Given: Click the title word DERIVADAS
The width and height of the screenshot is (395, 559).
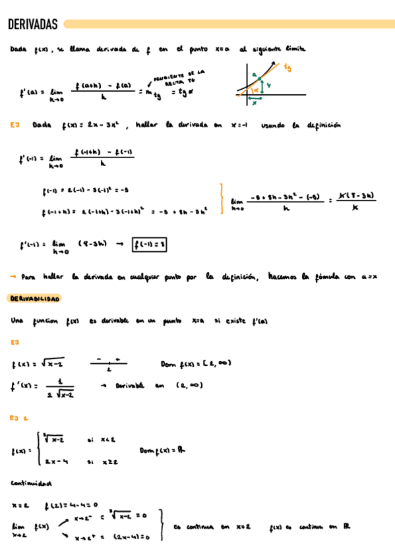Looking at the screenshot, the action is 33,25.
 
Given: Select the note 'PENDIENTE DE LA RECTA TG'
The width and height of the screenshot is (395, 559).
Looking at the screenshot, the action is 179,77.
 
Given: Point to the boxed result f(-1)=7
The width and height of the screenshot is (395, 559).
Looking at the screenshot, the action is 150,245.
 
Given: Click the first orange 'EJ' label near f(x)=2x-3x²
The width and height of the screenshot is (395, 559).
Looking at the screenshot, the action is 15,125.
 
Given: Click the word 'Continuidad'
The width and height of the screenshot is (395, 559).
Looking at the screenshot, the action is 31,483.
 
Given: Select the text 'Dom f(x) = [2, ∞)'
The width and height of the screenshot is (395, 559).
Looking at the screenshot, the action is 196,363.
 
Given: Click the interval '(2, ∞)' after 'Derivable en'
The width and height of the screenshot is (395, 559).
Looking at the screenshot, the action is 189,386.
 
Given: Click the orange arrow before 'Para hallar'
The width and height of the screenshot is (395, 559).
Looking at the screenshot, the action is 13,277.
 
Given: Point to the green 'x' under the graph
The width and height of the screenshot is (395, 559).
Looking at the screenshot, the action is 254,103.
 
